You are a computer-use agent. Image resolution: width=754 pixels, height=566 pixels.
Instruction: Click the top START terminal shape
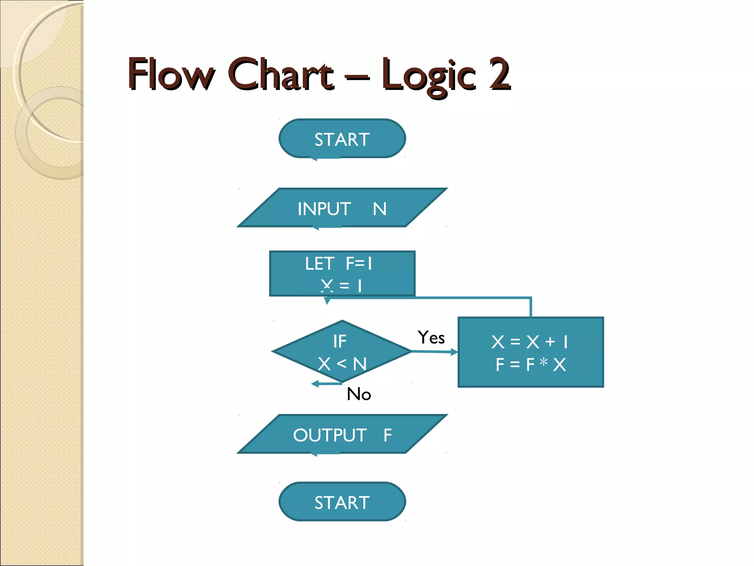pos(342,139)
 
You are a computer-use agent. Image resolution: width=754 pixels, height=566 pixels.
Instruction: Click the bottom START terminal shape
pos(342,502)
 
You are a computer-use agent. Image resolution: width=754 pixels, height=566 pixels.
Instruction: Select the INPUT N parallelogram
pos(342,208)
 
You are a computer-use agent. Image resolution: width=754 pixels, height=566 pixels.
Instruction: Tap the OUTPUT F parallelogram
pos(342,434)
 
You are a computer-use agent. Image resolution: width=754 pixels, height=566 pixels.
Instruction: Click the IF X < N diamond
pos(342,352)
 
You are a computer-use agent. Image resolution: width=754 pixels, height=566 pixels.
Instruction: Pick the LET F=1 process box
pos(342,273)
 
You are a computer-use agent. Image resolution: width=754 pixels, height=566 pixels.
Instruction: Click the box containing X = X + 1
pos(531,352)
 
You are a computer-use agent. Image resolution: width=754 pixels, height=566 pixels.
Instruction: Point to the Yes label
pos(431,338)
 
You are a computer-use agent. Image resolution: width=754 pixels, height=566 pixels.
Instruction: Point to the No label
pos(359,394)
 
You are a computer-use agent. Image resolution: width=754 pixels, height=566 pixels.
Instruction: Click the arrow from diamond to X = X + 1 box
pos(434,352)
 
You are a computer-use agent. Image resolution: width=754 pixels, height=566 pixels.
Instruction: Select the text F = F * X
pos(531,364)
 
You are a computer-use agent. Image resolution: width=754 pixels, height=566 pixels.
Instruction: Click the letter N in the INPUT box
pos(380,209)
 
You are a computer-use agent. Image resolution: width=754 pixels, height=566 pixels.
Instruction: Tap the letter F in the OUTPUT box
pos(387,435)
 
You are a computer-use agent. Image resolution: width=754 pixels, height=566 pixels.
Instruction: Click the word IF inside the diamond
pos(339,341)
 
